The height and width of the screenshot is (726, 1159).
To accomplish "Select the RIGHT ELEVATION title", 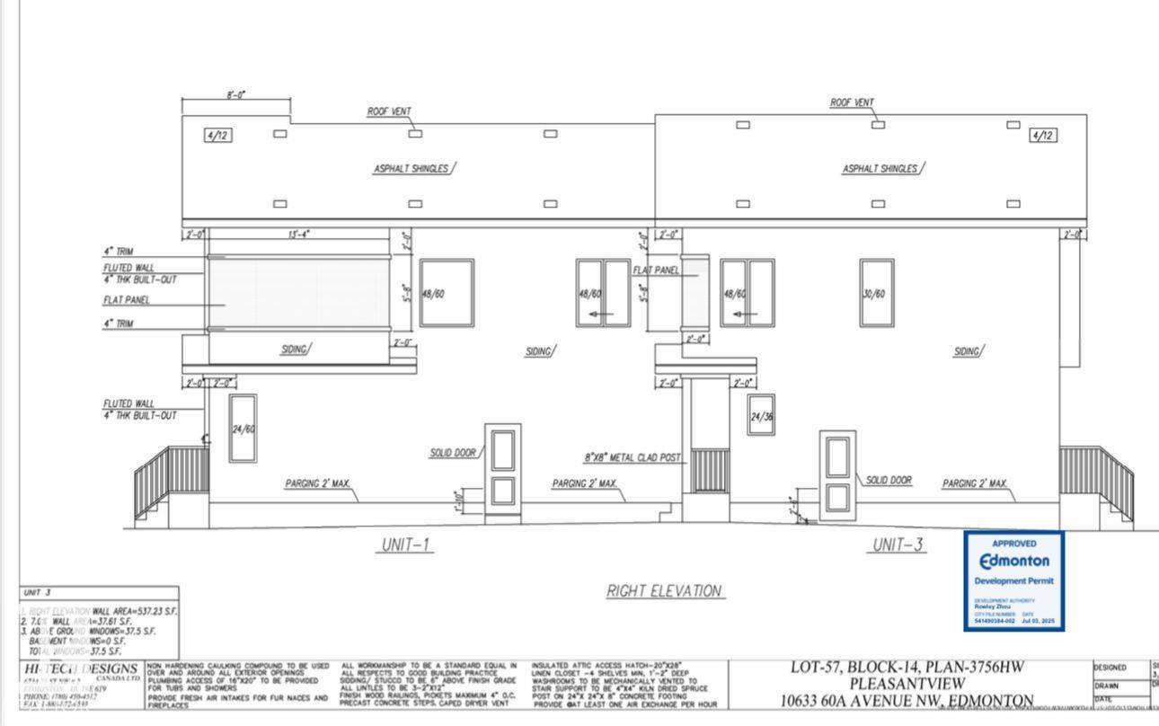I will [x=666, y=590].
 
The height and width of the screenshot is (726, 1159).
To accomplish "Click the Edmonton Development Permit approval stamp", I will [x=1014, y=580].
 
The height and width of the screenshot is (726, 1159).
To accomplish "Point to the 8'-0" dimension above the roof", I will [x=235, y=93].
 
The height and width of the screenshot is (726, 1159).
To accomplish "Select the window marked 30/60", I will [x=876, y=292].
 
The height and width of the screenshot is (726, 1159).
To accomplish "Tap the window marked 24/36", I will [x=761, y=415].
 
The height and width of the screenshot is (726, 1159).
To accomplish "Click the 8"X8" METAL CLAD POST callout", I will [x=633, y=457].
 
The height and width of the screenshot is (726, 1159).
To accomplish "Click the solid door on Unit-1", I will [x=502, y=473].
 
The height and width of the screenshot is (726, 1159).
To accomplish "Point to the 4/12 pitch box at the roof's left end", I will [x=216, y=135].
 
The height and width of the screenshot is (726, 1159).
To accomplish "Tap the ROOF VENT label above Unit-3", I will [x=852, y=102].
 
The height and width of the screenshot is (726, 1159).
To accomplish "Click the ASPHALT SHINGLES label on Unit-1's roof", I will [x=411, y=169].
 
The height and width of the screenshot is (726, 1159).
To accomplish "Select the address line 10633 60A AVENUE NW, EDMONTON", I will [x=907, y=701].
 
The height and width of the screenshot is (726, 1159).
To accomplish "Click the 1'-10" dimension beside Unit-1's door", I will [x=459, y=501].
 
